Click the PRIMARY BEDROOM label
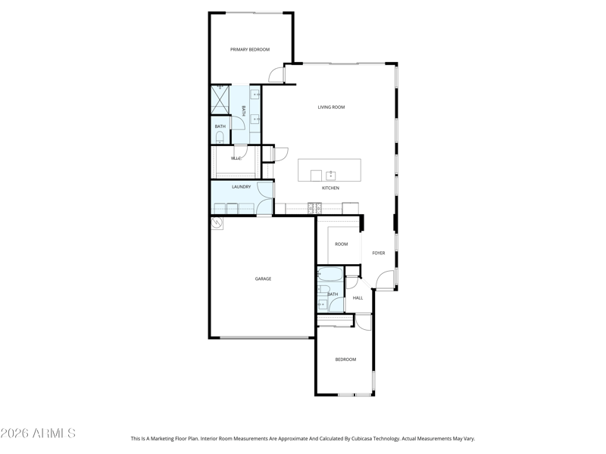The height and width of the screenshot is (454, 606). [250, 49]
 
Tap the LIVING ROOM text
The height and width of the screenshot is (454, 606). [331, 107]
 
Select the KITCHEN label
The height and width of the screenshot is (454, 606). [330, 188]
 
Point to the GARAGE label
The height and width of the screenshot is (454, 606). [263, 278]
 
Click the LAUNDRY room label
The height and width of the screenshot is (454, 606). [241, 187]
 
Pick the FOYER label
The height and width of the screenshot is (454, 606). [378, 253]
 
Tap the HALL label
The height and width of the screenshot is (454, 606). [358, 298]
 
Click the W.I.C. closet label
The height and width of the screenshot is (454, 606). [236, 158]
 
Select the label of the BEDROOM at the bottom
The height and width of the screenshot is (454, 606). [345, 359]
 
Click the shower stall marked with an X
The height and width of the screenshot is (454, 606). [220, 100]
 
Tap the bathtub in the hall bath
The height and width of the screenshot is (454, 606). [330, 274]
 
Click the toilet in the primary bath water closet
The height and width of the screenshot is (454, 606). [220, 138]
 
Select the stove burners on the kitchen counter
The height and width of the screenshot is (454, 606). [314, 208]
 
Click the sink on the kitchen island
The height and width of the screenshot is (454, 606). [330, 176]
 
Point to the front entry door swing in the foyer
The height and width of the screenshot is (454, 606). [385, 279]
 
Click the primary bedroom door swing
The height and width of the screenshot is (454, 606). [276, 74]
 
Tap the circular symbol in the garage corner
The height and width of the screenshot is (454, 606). [217, 222]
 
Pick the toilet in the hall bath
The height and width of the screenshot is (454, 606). [323, 289]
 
